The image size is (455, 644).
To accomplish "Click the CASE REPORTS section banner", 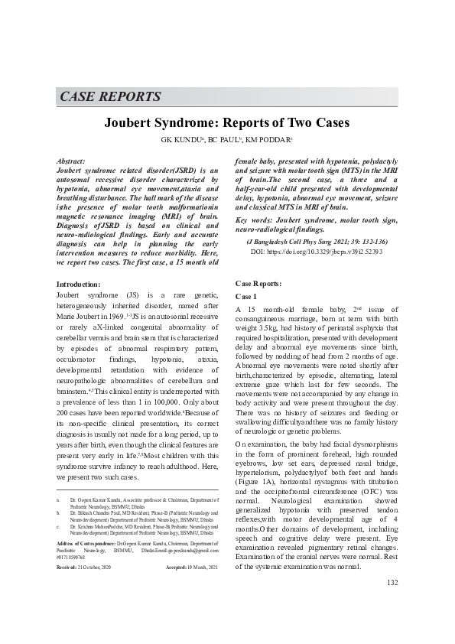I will tap(110, 97).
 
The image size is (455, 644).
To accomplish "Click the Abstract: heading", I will tap(72, 161).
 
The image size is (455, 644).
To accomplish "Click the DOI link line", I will tap(316, 251).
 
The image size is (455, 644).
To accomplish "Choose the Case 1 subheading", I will tap(246, 295).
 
